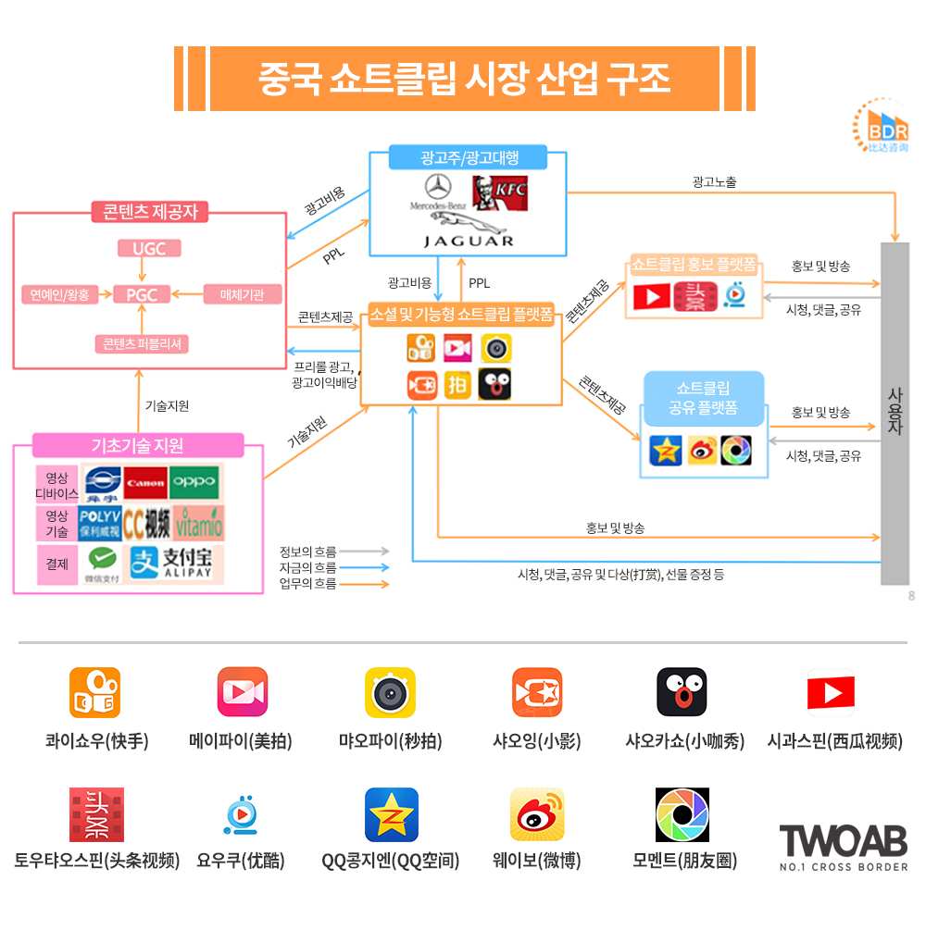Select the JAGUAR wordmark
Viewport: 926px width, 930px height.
click(468, 239)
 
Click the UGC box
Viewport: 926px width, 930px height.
click(149, 248)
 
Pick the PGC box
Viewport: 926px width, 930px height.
click(142, 295)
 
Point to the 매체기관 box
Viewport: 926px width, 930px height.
click(243, 295)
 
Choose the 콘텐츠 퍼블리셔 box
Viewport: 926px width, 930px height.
click(143, 343)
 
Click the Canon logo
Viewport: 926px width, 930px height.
click(145, 483)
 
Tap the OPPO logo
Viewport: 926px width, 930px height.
click(194, 482)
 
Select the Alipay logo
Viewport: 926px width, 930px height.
click(173, 562)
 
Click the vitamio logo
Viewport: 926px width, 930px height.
click(198, 523)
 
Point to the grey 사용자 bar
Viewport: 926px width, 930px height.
click(895, 413)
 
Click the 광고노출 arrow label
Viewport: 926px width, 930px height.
click(714, 182)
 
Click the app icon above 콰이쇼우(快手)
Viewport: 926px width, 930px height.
click(95, 693)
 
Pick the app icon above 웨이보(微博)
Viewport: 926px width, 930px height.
click(537, 814)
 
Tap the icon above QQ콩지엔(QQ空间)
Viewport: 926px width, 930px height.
click(391, 814)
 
